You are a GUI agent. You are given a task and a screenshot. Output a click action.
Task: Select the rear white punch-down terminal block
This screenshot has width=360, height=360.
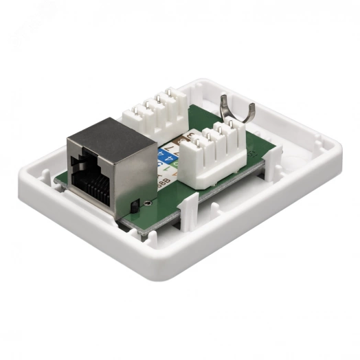point(156,114)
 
